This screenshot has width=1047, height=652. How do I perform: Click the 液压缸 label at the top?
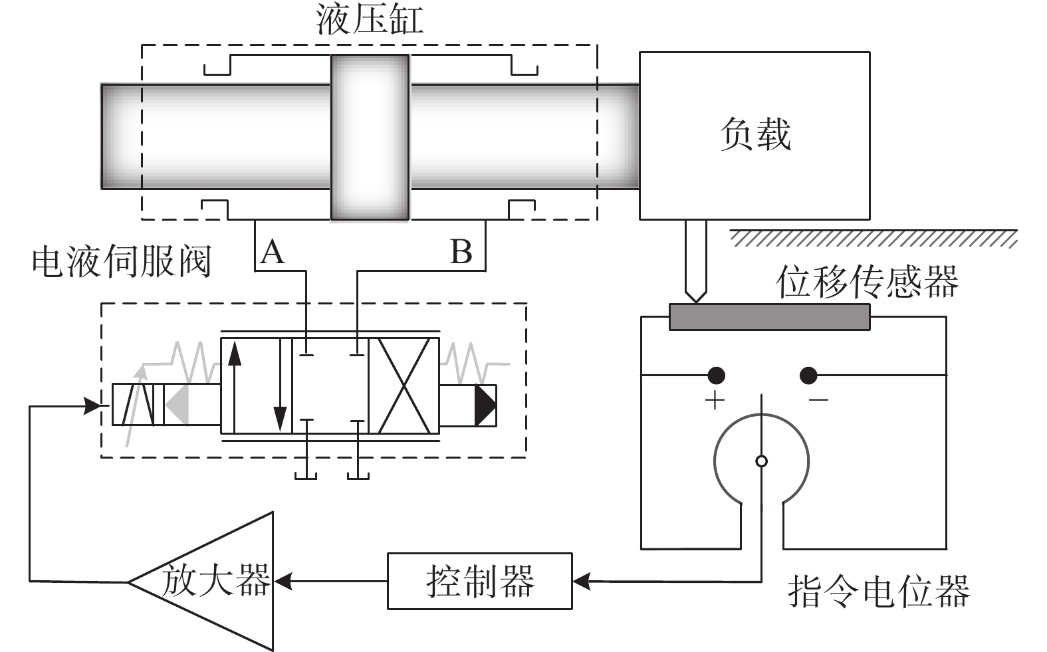tap(370, 20)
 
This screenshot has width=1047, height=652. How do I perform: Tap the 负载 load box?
tap(755, 136)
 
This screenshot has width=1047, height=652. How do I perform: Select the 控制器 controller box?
tap(479, 581)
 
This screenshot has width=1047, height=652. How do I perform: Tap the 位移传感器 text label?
tap(868, 281)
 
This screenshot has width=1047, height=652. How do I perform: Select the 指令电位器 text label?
tap(879, 591)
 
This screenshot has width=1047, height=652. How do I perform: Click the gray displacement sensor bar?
tap(769, 317)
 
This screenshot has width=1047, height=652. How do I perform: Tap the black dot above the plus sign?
tap(716, 376)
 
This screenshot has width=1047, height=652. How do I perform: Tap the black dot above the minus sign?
tap(808, 376)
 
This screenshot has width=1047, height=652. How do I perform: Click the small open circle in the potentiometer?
tap(761, 462)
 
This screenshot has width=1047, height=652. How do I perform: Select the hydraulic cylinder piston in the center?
tap(370, 138)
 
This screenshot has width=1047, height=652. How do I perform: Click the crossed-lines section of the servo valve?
tap(404, 386)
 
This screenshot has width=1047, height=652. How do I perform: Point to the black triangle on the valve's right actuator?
tap(485, 405)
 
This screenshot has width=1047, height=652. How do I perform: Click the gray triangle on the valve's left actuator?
tap(177, 405)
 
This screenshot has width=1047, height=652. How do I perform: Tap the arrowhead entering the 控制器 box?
tap(582, 582)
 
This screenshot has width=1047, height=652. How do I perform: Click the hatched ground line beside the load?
tap(873, 239)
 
